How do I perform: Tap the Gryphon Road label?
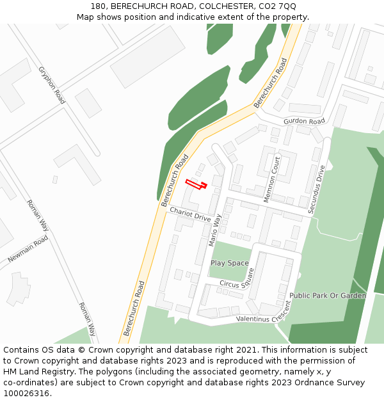pyautogui.click(x=52, y=85)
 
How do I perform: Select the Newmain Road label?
pyautogui.click(x=28, y=249)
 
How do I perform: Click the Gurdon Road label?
pyautogui.click(x=304, y=122)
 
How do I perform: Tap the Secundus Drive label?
pyautogui.click(x=316, y=189)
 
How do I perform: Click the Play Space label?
pyautogui.click(x=230, y=263)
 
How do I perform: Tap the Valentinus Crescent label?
pyautogui.click(x=263, y=314)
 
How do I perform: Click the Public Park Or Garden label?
pyautogui.click(x=328, y=296)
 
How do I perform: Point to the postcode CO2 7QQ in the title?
pyautogui.click(x=278, y=6)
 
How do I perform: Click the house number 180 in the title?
pyautogui.click(x=98, y=6)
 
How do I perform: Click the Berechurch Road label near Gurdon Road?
pyautogui.click(x=271, y=84)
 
